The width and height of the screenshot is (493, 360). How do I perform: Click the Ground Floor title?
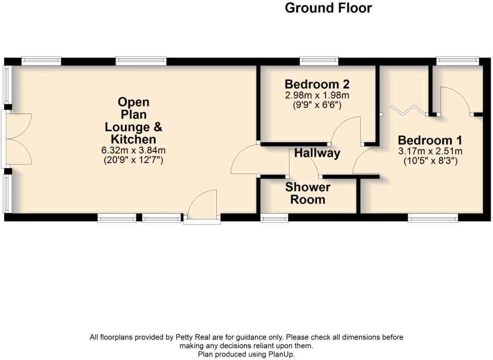point(328,8)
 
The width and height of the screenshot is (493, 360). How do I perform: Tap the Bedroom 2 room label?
point(317,84)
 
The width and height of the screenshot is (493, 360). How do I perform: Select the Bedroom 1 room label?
point(430,140)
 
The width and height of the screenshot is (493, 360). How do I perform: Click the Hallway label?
point(317,153)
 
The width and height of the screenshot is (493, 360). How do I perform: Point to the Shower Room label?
point(308,194)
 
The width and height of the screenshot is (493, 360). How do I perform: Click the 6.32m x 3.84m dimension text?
point(133,150)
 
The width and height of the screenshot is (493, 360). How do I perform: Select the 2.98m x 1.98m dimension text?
point(317,95)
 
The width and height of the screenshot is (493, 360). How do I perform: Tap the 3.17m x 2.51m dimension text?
point(430,151)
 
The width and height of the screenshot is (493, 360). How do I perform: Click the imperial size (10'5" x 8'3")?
point(430,161)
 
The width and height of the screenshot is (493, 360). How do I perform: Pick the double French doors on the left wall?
point(19,139)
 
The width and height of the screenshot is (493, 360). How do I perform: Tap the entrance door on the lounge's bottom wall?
point(202,207)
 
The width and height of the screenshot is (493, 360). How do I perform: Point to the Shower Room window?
point(274,217)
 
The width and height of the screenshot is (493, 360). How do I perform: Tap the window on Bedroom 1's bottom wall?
point(433,217)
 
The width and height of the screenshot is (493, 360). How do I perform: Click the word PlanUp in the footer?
point(280,354)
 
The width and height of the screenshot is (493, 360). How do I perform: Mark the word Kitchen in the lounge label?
point(133,139)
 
